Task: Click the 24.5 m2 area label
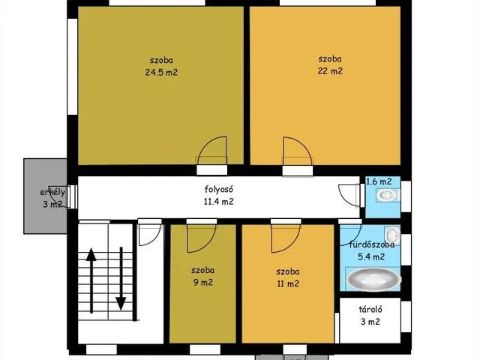tap(161, 72)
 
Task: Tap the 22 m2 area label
tap(330, 71)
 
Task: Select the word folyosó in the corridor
tap(219, 189)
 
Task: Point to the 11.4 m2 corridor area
tap(218, 202)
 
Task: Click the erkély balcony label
tap(52, 193)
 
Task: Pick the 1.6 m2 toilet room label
tap(379, 181)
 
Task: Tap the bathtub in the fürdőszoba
tap(373, 280)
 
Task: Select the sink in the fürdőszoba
tap(392, 235)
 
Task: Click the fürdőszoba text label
tap(372, 244)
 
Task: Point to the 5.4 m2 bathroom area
tap(371, 256)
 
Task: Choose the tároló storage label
tap(370, 310)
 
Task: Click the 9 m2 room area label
tap(202, 282)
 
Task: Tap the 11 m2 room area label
tap(288, 283)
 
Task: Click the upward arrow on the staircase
tap(91, 280)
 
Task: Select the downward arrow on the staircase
tap(121, 278)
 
